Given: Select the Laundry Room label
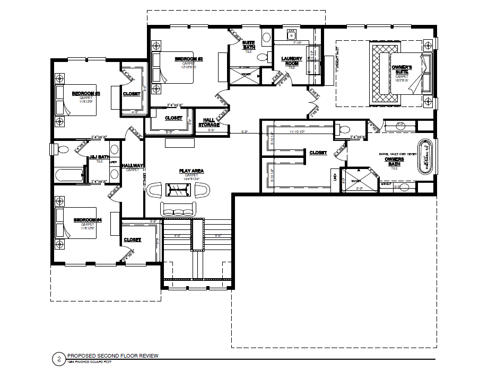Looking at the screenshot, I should click(291, 61).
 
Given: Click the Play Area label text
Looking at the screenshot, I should click(191, 171).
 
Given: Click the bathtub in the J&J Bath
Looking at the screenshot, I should click(69, 174).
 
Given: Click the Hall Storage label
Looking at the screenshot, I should click(209, 123).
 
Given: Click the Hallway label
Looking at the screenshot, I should click(133, 166).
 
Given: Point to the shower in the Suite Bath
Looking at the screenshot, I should click(244, 76).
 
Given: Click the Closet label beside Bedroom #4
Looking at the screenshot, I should click(132, 240).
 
